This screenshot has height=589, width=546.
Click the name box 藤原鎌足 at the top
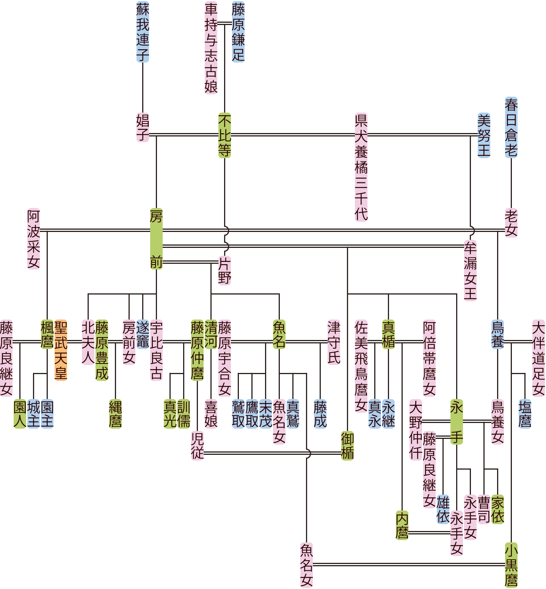[x=238, y=32]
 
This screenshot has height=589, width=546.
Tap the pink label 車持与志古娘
[x=211, y=48]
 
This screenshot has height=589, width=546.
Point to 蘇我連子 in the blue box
[x=143, y=32]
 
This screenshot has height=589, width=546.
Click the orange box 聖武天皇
[x=61, y=350]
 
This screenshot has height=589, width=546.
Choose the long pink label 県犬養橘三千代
[x=361, y=167]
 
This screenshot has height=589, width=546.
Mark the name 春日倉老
[x=511, y=127]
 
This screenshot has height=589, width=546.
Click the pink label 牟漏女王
[x=470, y=270]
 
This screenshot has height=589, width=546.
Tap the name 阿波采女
[x=33, y=239]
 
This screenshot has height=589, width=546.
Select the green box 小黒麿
[x=511, y=565]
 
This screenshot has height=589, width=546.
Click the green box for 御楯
[x=347, y=446]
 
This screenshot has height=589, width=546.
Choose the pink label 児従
[x=197, y=446]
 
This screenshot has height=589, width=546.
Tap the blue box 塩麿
[x=525, y=414]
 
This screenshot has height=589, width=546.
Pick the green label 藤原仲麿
[x=197, y=350]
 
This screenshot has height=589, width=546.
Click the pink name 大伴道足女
[x=538, y=358]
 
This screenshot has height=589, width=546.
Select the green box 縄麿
[x=115, y=414]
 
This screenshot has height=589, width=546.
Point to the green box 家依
[x=497, y=509]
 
